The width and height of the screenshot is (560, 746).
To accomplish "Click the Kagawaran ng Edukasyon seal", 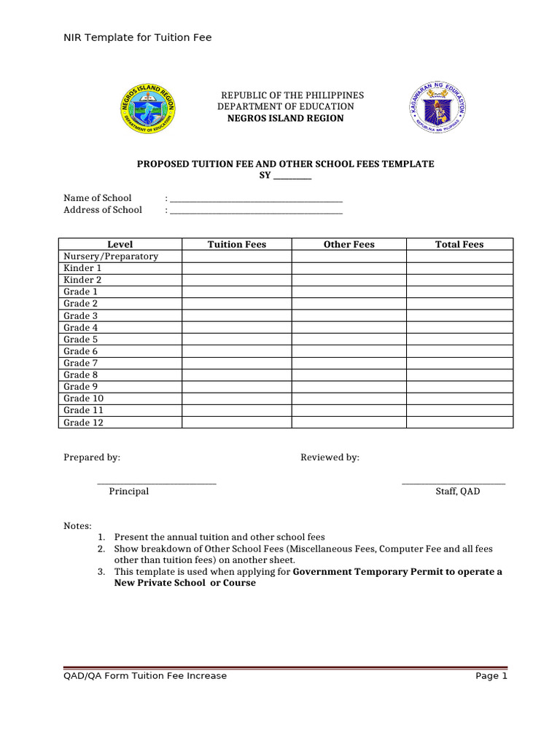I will pos(437,107).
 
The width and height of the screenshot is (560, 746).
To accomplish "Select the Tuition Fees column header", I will pos(237,245).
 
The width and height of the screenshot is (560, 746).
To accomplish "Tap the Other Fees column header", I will pos(349,245).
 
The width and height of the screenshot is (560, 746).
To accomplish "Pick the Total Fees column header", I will pos(459,245).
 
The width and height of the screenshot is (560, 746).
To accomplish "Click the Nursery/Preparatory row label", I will pos(111,256).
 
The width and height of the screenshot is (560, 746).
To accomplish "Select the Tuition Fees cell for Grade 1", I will pos(237,292).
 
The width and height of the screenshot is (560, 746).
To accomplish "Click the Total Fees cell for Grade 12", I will pos(459,423).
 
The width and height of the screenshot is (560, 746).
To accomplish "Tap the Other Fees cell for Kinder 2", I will pos(349,280).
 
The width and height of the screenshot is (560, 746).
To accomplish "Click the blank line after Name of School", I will pos(256,200).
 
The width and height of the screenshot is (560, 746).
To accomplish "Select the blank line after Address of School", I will pos(256,211).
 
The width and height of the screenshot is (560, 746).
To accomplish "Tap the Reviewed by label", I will pos(330,458).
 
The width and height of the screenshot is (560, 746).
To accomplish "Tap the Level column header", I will pos(120,245).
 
